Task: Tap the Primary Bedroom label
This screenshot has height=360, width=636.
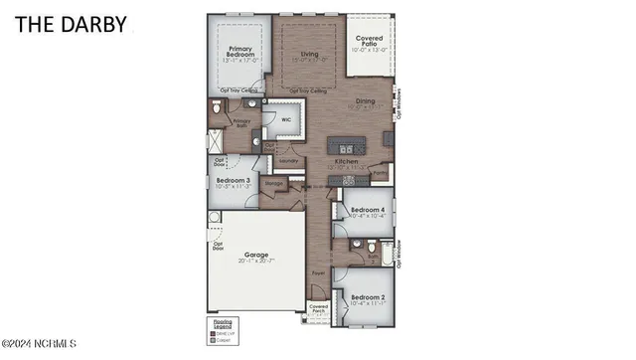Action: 241,52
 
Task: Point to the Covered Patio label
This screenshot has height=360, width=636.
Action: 371,42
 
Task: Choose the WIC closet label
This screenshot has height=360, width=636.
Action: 286,117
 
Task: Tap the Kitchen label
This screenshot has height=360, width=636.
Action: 346,161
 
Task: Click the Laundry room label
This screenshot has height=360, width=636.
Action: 288,160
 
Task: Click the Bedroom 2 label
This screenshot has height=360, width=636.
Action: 368,297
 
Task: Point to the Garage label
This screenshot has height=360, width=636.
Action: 256,256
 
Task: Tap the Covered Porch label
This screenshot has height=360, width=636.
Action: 319,308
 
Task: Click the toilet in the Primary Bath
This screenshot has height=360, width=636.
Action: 218,105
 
